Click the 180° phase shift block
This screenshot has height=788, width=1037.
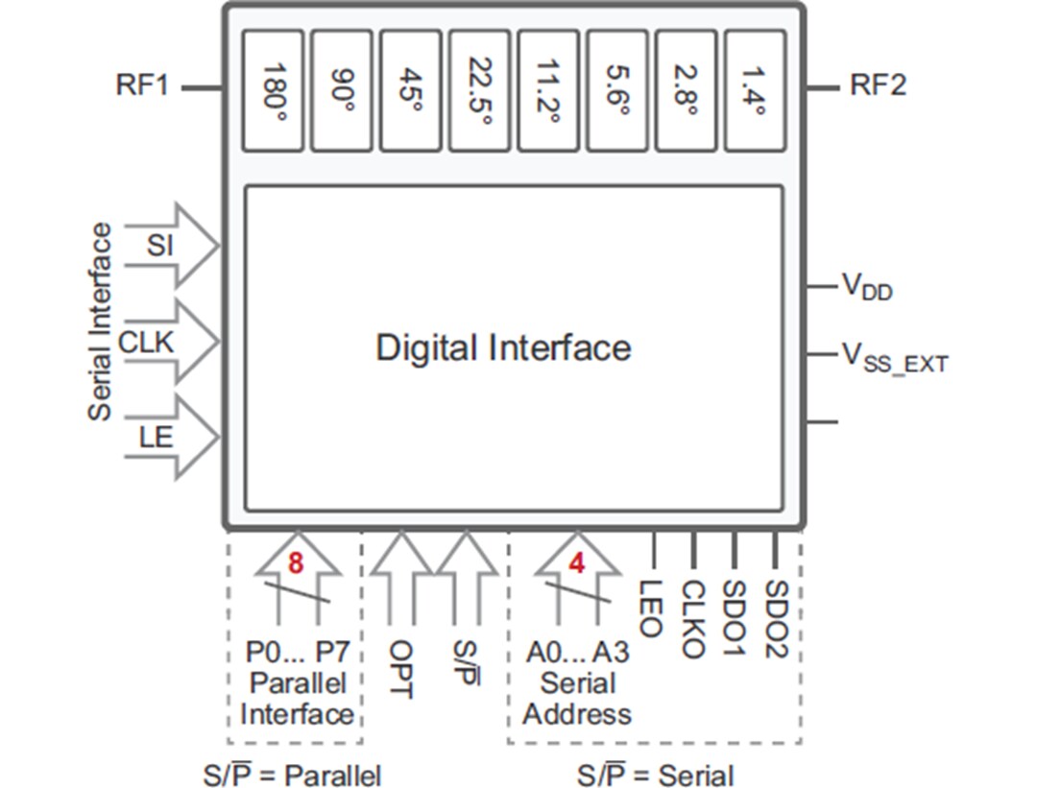pyautogui.click(x=273, y=90)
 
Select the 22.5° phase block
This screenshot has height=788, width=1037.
pyautogui.click(x=480, y=90)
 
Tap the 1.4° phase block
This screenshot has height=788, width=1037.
pyautogui.click(x=755, y=90)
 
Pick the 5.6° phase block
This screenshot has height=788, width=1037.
pyautogui.click(x=617, y=90)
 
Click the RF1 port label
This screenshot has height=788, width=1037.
pyautogui.click(x=142, y=84)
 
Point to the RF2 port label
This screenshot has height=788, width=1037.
pyautogui.click(x=877, y=84)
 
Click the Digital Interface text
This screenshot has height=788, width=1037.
pyautogui.click(x=503, y=347)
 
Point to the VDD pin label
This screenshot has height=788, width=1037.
pyautogui.click(x=867, y=286)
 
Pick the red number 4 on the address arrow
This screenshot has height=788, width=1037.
pyautogui.click(x=576, y=563)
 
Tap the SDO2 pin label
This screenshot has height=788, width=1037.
pyautogui.click(x=776, y=618)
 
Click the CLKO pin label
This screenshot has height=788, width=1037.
pyautogui.click(x=692, y=618)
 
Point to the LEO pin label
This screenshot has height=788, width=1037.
pyautogui.click(x=650, y=608)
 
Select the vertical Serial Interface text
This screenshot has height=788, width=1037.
pyautogui.click(x=100, y=322)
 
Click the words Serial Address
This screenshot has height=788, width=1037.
pyautogui.click(x=577, y=699)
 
